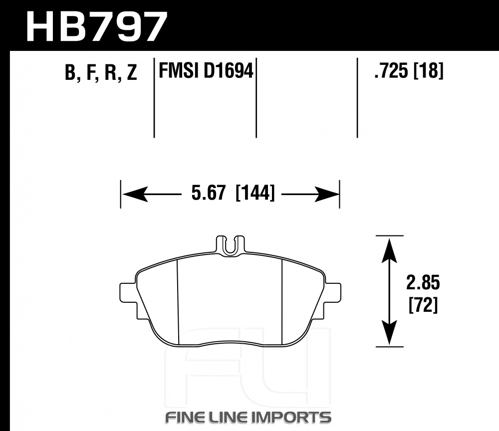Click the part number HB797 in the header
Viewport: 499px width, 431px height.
tap(96, 27)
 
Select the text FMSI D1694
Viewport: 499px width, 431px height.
tap(206, 71)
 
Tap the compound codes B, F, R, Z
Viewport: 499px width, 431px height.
tap(101, 73)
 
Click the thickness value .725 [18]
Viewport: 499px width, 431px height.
tap(409, 71)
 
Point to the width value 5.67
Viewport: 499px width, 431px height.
tap(209, 193)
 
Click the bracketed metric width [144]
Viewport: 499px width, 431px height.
tap(254, 193)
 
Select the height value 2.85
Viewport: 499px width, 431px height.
tap(423, 282)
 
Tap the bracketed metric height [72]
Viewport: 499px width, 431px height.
tap(423, 305)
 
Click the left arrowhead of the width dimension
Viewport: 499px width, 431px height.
tap(135, 194)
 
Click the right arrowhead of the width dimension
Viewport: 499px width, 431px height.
tap(327, 194)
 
